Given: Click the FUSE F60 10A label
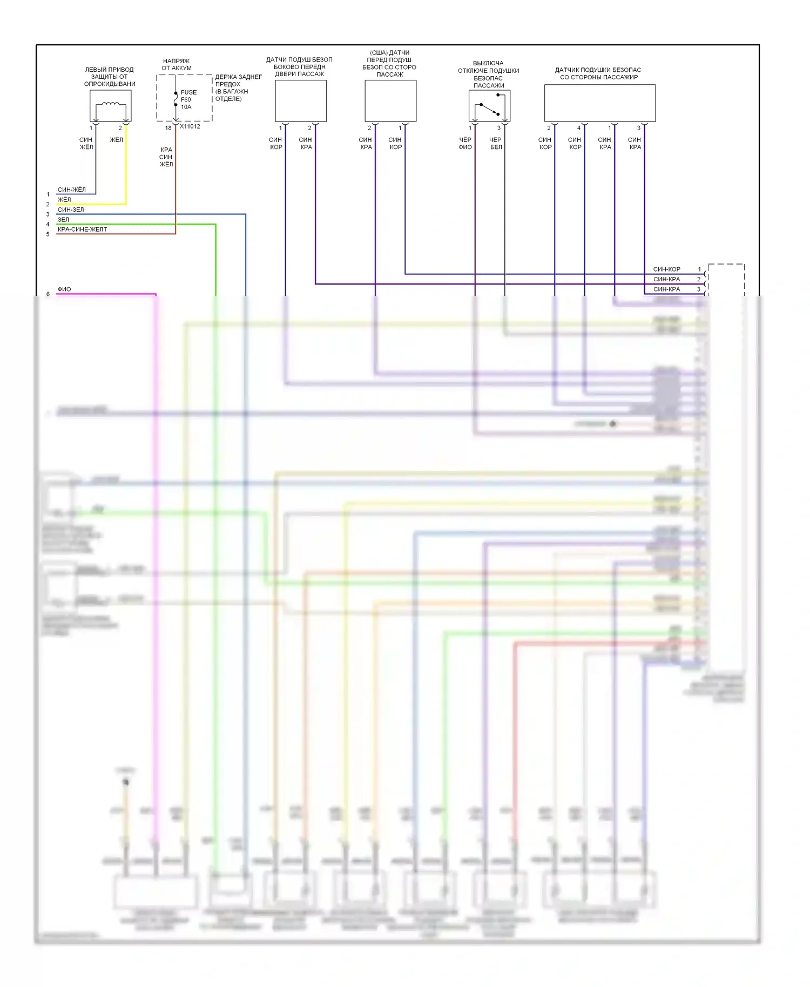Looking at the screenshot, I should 188,99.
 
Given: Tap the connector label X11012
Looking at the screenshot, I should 190,126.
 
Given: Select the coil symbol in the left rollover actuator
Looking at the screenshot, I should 111,104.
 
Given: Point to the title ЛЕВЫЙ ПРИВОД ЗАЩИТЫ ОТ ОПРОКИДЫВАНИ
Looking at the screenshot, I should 110,77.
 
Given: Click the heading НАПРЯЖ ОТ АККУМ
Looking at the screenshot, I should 177,64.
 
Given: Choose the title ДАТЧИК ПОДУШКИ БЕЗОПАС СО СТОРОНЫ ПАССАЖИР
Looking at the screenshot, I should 598,73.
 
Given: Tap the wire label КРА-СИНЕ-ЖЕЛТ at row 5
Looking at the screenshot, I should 82,229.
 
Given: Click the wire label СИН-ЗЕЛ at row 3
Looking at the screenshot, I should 71,209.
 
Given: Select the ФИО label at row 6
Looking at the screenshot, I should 64,289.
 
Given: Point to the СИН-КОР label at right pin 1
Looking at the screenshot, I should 667,269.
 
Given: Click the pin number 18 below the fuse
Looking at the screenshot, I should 168,128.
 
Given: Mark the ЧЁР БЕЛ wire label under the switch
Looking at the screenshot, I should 496,143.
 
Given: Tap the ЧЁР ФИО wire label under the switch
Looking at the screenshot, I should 465,143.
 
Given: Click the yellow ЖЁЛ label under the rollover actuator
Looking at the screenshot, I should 117,140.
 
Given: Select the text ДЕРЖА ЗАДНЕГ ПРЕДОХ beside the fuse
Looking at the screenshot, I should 238,80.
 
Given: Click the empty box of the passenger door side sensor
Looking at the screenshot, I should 301,101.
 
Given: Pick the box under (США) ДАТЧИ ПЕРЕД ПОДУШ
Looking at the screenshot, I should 390,101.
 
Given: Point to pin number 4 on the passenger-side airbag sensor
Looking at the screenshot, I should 579,128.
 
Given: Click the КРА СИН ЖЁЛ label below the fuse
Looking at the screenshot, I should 166,157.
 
